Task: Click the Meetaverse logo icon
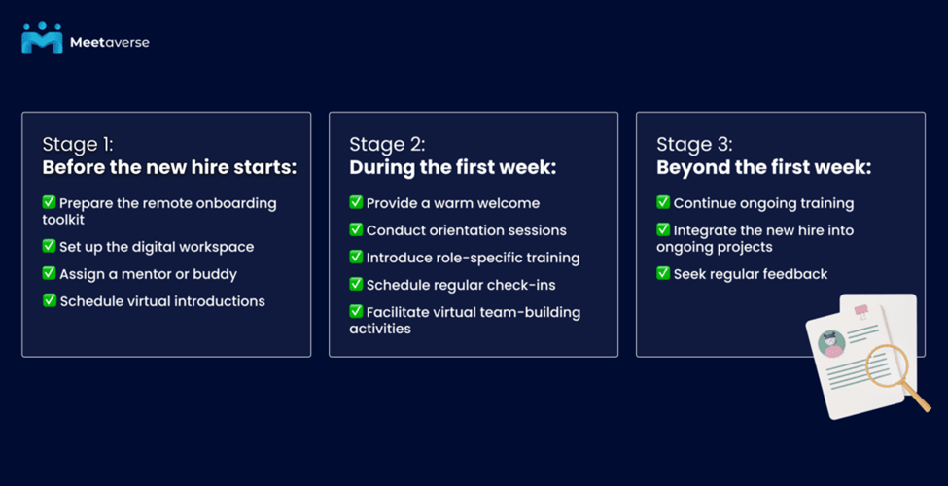pyautogui.click(x=42, y=38)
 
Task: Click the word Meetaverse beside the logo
pyautogui.click(x=110, y=43)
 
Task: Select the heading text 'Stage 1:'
pyautogui.click(x=78, y=145)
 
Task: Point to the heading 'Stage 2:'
pyautogui.click(x=387, y=145)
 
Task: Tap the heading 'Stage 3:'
pyautogui.click(x=694, y=145)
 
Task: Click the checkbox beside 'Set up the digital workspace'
pyautogui.click(x=49, y=246)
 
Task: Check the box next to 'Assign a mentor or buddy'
pyautogui.click(x=49, y=273)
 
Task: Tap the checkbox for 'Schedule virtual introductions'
pyautogui.click(x=49, y=300)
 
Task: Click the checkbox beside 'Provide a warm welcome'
pyautogui.click(x=356, y=202)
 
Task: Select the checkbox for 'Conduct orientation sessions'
pyautogui.click(x=356, y=229)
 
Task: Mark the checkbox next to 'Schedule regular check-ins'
pyautogui.click(x=356, y=284)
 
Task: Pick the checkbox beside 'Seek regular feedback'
pyautogui.click(x=663, y=273)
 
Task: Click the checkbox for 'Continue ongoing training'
pyautogui.click(x=663, y=202)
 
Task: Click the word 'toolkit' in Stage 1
pyautogui.click(x=63, y=220)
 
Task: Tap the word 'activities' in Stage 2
pyautogui.click(x=380, y=329)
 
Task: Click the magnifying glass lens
pyautogui.click(x=887, y=365)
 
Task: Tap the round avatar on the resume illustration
pyautogui.click(x=831, y=344)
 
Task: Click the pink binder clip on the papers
pyautogui.click(x=860, y=312)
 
